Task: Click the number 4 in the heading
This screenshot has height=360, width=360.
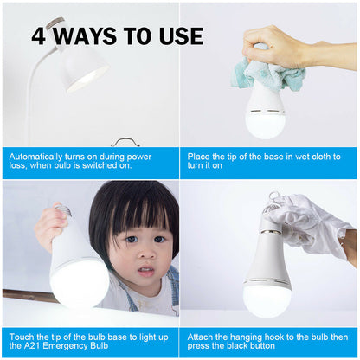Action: click(40, 36)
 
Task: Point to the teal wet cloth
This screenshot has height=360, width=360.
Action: click(268, 74)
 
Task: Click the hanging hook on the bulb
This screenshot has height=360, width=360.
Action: click(275, 200)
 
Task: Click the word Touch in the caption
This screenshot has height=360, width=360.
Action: click(23, 334)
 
